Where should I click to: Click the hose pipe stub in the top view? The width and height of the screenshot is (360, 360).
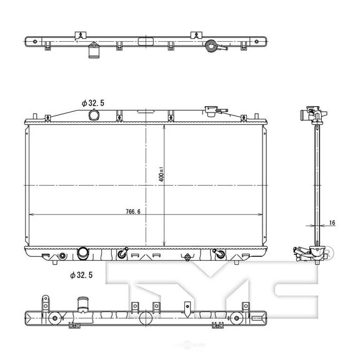tap(94, 51)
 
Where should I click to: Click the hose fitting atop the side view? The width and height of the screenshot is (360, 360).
tap(311, 114)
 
